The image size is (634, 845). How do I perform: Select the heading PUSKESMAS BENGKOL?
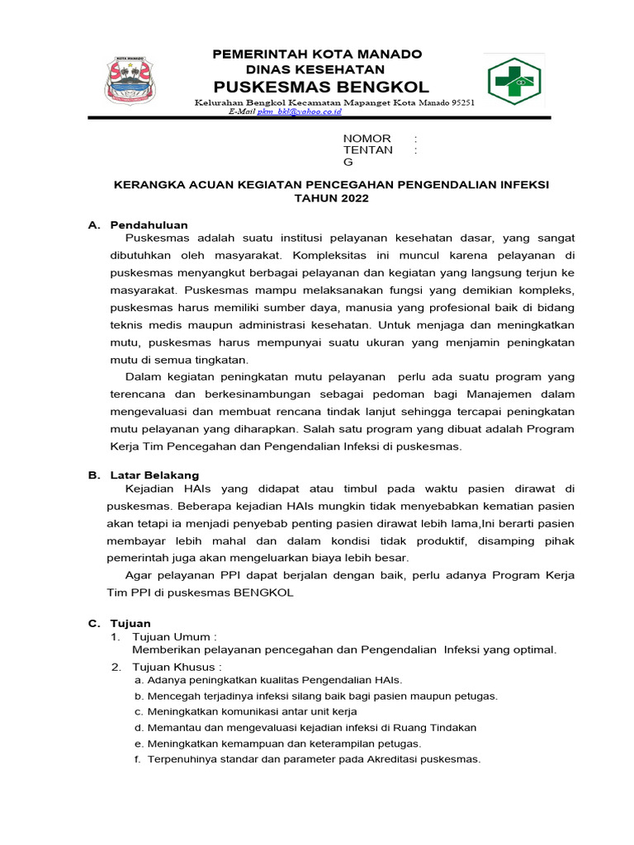[x=322, y=87]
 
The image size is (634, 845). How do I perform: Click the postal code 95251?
[x=469, y=101]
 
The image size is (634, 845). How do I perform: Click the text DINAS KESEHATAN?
[x=318, y=69]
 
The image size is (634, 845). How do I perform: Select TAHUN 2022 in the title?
[x=331, y=199]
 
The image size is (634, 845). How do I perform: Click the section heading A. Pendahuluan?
[x=139, y=224]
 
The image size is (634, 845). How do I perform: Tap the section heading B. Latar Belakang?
[x=144, y=474]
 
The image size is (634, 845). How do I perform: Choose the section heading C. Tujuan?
[x=120, y=623]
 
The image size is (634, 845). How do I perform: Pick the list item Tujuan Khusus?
[x=177, y=667]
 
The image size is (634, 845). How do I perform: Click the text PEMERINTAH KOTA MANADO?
[x=318, y=54]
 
